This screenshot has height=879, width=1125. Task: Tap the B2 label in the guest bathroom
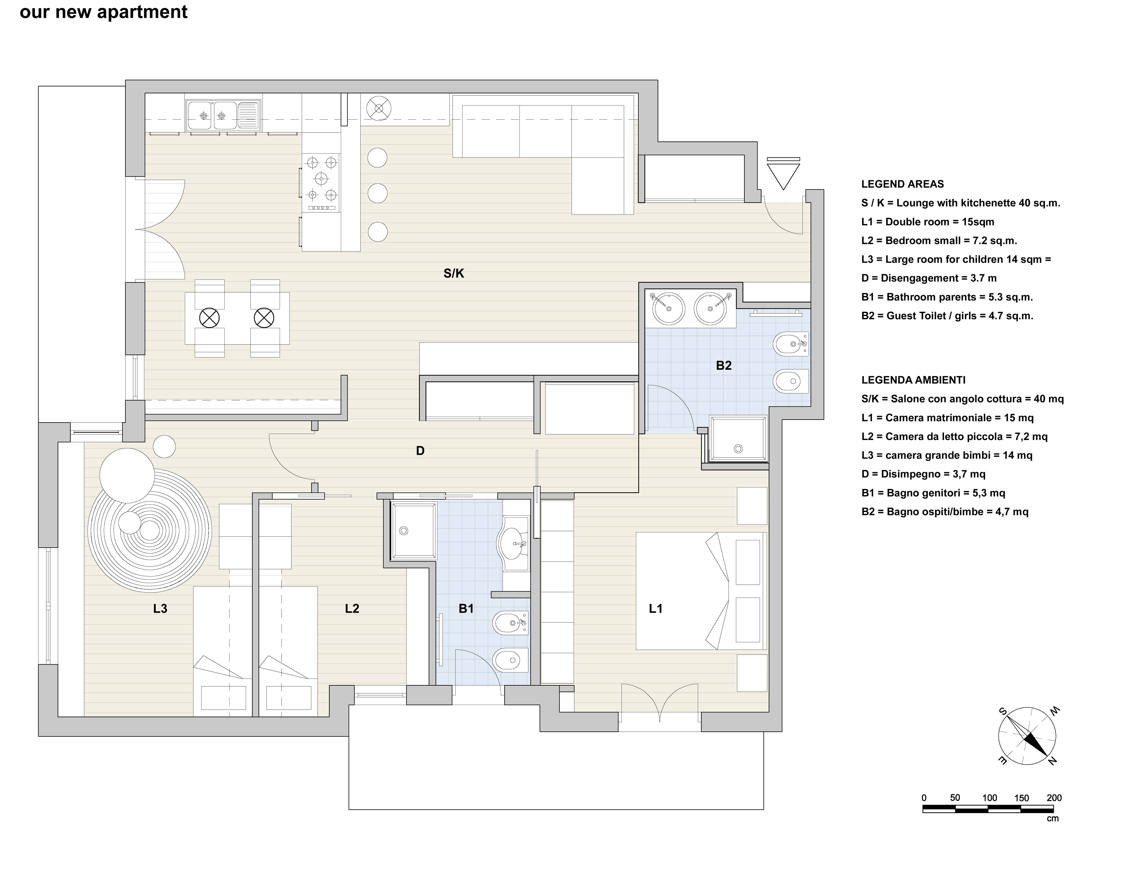(723, 366)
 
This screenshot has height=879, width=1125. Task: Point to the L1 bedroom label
(655, 609)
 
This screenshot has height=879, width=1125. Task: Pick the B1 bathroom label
(466, 609)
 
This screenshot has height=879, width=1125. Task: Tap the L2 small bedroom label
(352, 609)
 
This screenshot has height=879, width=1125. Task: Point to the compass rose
(1027, 736)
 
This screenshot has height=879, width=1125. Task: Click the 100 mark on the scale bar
(989, 798)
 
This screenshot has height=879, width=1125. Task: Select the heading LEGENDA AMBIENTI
(913, 380)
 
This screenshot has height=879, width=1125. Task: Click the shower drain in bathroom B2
(739, 449)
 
